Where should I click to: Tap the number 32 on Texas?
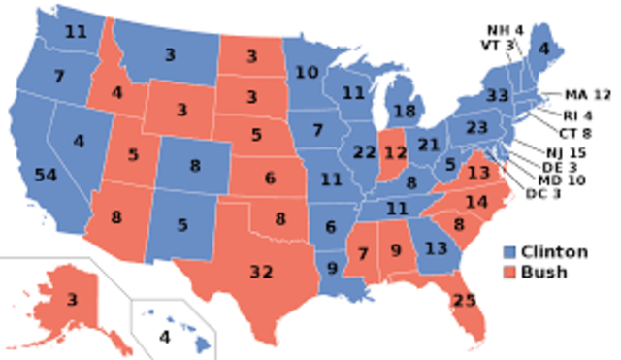point(261,272)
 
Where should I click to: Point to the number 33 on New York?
point(499,96)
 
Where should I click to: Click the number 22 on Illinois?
point(364,152)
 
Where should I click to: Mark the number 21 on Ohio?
point(429,145)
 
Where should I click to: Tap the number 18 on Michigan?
point(404,113)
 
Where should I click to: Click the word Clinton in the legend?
point(555,252)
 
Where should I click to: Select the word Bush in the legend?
point(543,272)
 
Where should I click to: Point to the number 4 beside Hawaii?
point(164,337)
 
